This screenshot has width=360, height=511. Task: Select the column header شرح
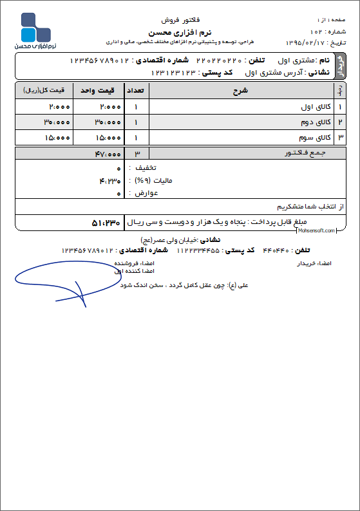(x=240, y=91)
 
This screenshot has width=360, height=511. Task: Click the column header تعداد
(x=136, y=91)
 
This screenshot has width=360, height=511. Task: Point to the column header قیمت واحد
(x=97, y=91)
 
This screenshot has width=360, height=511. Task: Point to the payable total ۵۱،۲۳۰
(x=107, y=222)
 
